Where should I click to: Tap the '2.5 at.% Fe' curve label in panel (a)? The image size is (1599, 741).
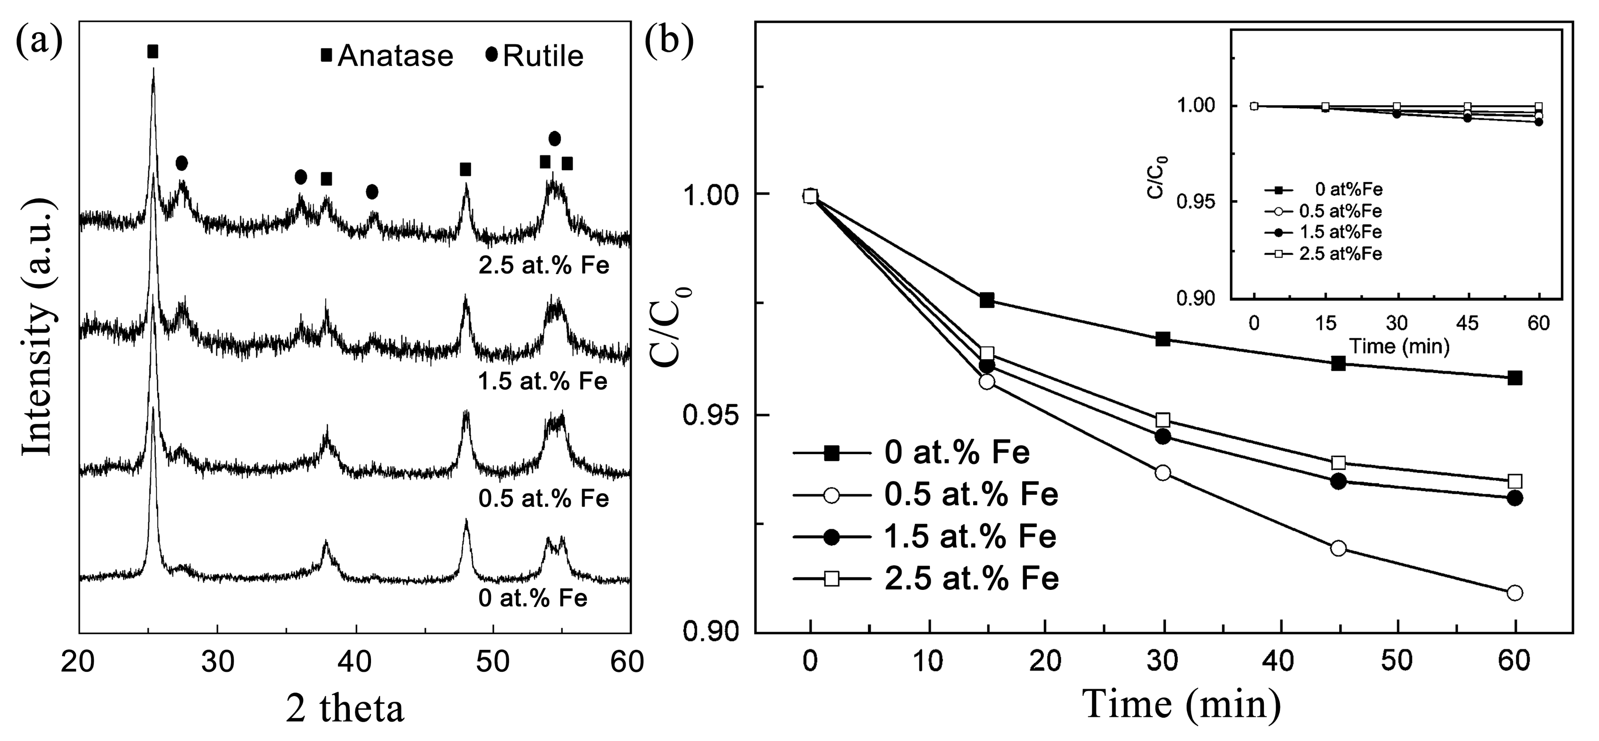[x=544, y=266]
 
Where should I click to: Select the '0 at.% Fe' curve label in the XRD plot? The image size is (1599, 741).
[x=533, y=598]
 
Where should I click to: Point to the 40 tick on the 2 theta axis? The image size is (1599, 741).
[x=356, y=663]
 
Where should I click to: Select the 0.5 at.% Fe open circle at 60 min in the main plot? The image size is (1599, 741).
[x=1514, y=593]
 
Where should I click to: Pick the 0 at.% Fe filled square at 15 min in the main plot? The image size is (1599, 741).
[x=987, y=301]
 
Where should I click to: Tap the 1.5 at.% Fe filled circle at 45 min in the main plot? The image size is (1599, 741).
[x=1338, y=481]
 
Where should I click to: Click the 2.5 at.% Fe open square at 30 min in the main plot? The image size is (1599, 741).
[x=1163, y=420]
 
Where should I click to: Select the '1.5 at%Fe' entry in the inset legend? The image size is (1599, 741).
[x=1341, y=232]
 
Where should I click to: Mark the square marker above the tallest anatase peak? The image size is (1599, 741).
[x=153, y=52]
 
